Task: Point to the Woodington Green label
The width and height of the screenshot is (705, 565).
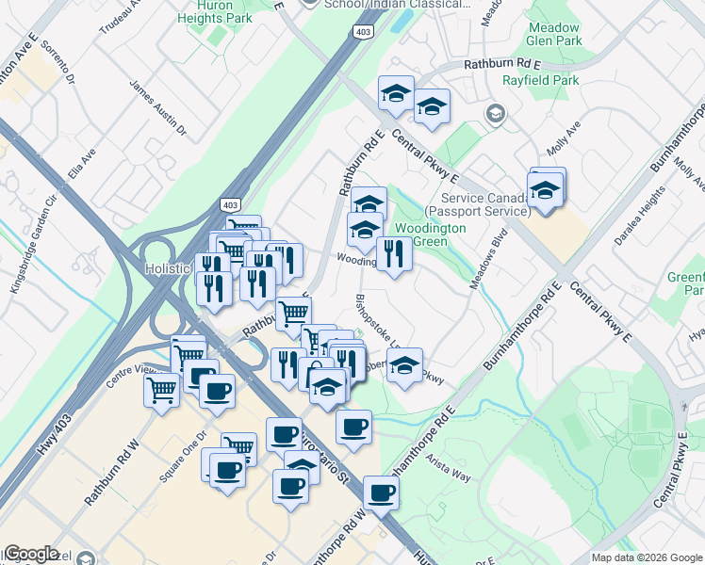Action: pos(429,235)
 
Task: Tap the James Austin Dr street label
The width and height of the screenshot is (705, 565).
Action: pos(158,105)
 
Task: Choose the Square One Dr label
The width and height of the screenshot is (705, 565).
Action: pos(182,457)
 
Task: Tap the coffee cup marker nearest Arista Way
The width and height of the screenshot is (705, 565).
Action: pos(381,492)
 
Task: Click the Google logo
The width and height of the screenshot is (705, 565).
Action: pos(32,554)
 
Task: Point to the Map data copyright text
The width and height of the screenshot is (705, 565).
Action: pos(647,557)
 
